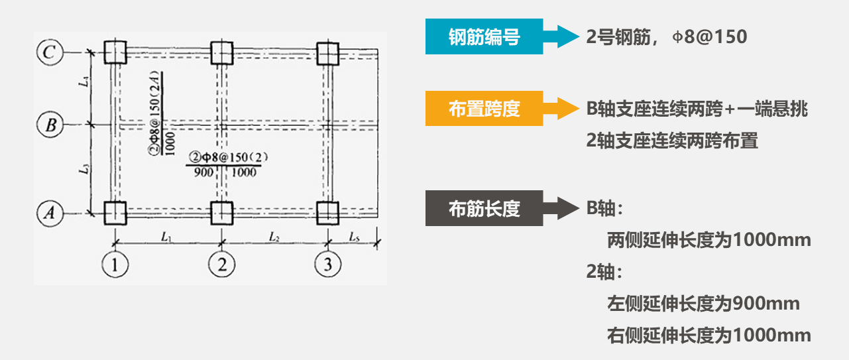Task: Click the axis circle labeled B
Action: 50,124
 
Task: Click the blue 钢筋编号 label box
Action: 484,37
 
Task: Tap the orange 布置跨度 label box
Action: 484,109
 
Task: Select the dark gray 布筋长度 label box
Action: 484,209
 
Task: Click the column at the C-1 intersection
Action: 115,52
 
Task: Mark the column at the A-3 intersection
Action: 327,213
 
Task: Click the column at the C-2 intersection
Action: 221,52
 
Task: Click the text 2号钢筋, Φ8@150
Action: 666,37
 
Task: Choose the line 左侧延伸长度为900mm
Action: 703,304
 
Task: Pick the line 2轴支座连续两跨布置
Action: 671,141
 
